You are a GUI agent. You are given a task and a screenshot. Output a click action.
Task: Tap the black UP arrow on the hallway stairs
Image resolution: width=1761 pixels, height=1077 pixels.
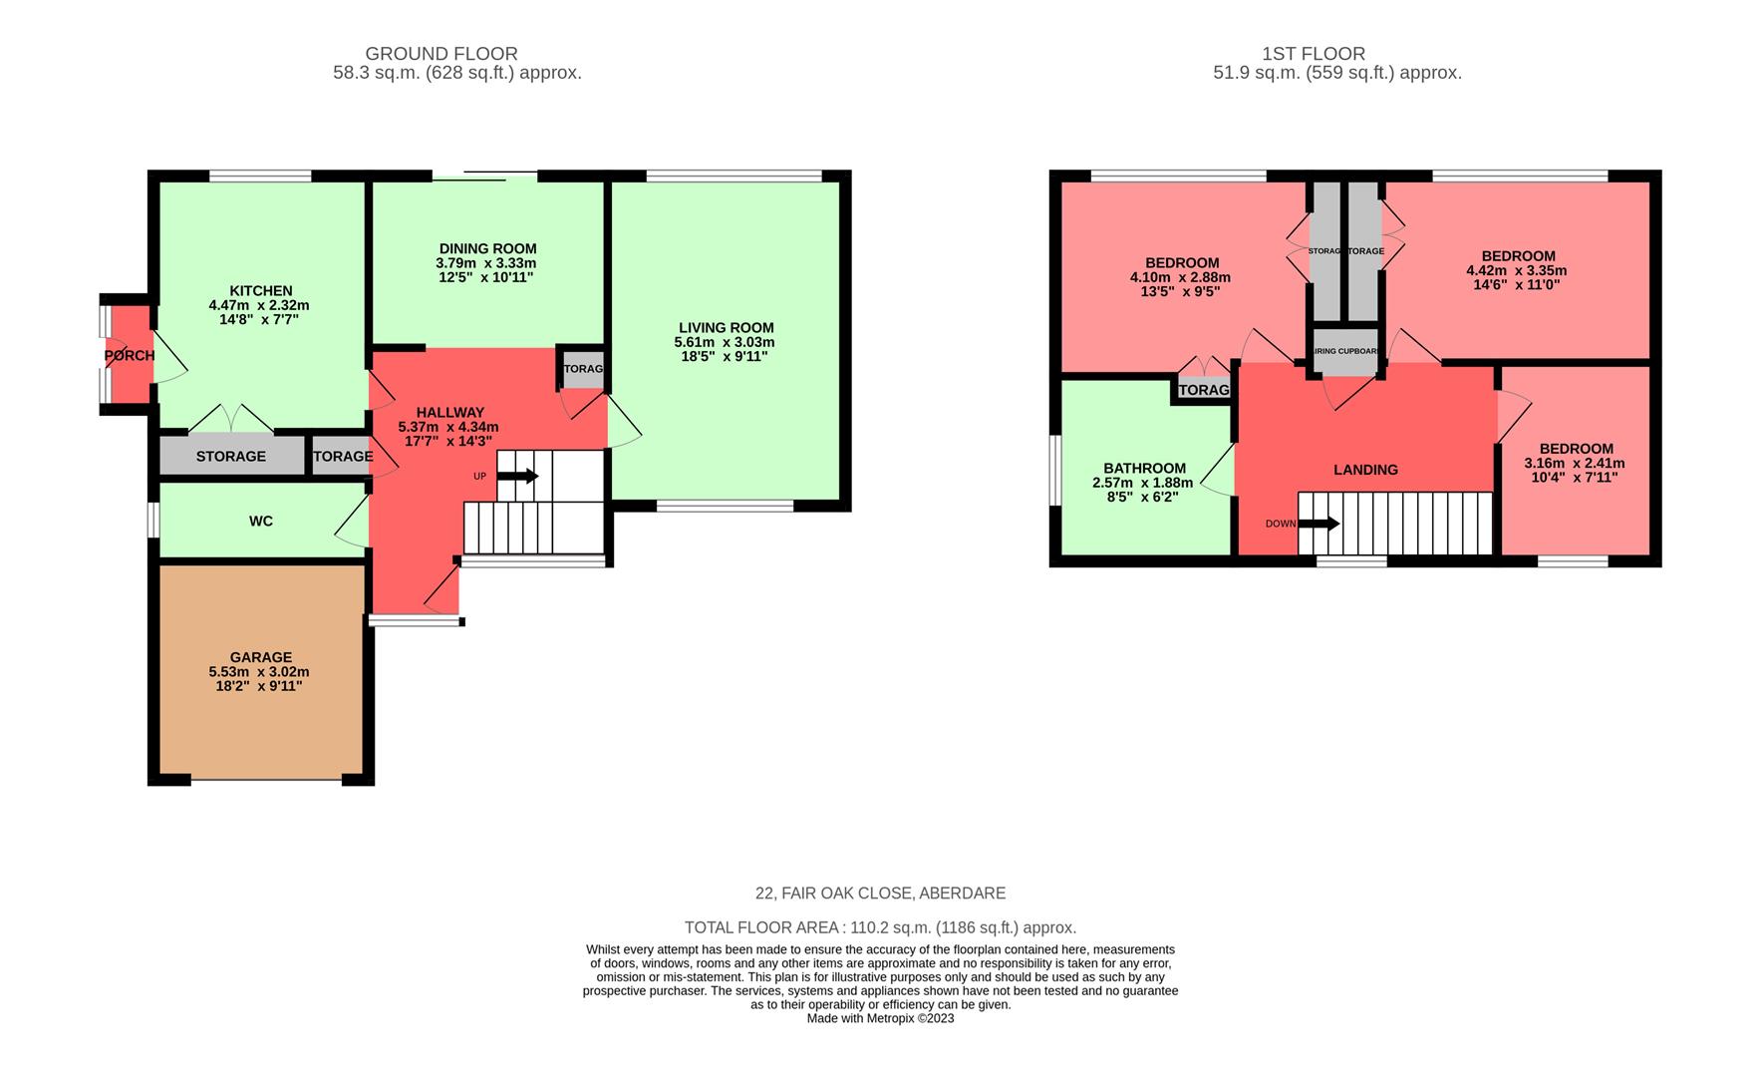[x=518, y=477]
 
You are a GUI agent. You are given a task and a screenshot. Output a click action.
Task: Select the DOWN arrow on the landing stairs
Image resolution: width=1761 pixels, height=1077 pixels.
[x=1320, y=524]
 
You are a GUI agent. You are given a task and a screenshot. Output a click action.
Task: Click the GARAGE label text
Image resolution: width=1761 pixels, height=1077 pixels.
[x=261, y=657]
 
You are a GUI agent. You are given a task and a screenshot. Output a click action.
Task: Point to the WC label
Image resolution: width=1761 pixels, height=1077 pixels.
[x=261, y=522]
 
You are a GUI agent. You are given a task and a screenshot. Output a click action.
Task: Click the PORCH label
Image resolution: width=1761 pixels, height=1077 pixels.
[x=130, y=356]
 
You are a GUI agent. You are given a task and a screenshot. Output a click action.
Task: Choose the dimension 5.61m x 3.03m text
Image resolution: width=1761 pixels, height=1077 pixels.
[x=725, y=342]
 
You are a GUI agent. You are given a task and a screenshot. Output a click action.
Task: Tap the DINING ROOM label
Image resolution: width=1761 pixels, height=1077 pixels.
[x=487, y=248]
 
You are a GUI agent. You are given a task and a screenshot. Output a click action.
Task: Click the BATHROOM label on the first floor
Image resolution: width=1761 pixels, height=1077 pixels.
[x=1144, y=468]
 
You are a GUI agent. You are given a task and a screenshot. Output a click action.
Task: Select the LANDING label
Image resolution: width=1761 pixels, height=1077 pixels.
[x=1365, y=470]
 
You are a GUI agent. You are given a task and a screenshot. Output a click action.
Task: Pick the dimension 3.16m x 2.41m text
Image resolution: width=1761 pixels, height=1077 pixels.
[x=1575, y=463]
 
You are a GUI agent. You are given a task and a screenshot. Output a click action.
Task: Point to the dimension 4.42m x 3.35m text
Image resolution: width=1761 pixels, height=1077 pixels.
[x=1517, y=270]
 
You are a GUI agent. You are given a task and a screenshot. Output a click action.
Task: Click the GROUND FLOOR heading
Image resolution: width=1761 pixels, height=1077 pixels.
[x=441, y=54]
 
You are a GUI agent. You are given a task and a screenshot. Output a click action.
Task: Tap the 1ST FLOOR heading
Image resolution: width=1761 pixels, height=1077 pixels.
[x=1314, y=54]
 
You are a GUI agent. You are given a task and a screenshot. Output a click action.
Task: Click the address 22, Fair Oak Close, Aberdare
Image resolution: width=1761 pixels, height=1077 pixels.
[x=880, y=894]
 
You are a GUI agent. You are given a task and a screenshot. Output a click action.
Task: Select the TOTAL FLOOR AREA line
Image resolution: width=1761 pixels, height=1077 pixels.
[x=880, y=927]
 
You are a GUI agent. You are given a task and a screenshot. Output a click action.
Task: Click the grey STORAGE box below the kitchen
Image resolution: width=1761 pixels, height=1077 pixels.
[x=231, y=457]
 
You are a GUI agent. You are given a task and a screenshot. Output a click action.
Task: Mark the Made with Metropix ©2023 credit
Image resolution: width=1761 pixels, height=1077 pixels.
[x=880, y=1018]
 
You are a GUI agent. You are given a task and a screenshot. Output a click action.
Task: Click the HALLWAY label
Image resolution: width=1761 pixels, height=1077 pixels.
[x=449, y=412]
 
